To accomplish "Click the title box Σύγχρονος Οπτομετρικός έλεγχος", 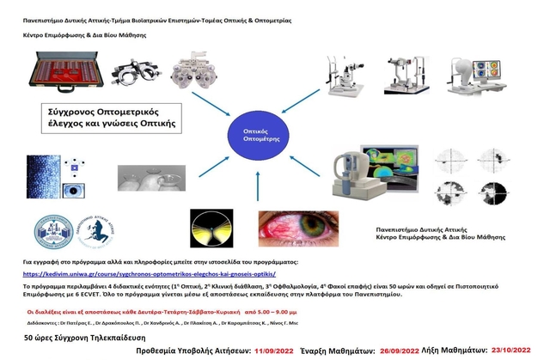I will click(112, 118).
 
